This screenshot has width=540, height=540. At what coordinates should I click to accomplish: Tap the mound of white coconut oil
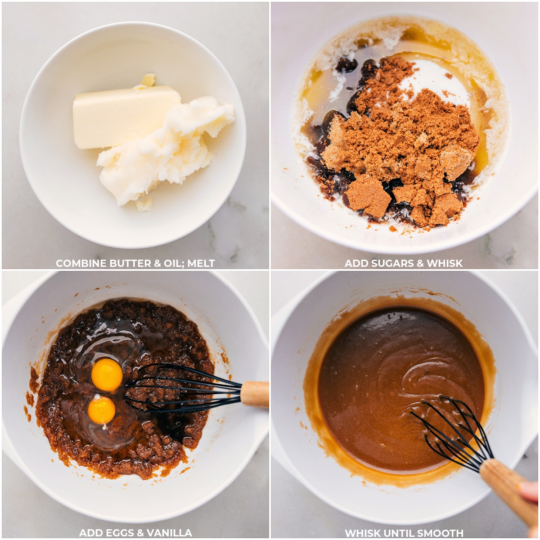point(165,151)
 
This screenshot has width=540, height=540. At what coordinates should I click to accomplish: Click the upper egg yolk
point(107,375)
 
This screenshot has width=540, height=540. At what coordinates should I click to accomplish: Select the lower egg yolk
point(101,410)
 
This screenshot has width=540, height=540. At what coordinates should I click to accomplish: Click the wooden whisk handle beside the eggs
point(254,394)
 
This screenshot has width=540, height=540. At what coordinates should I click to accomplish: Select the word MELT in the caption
point(201,263)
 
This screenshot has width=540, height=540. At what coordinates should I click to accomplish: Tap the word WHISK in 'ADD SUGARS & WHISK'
point(445,263)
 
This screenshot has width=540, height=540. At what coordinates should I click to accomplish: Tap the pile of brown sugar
point(401,140)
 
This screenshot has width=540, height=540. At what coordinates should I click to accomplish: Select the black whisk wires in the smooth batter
point(451,434)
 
